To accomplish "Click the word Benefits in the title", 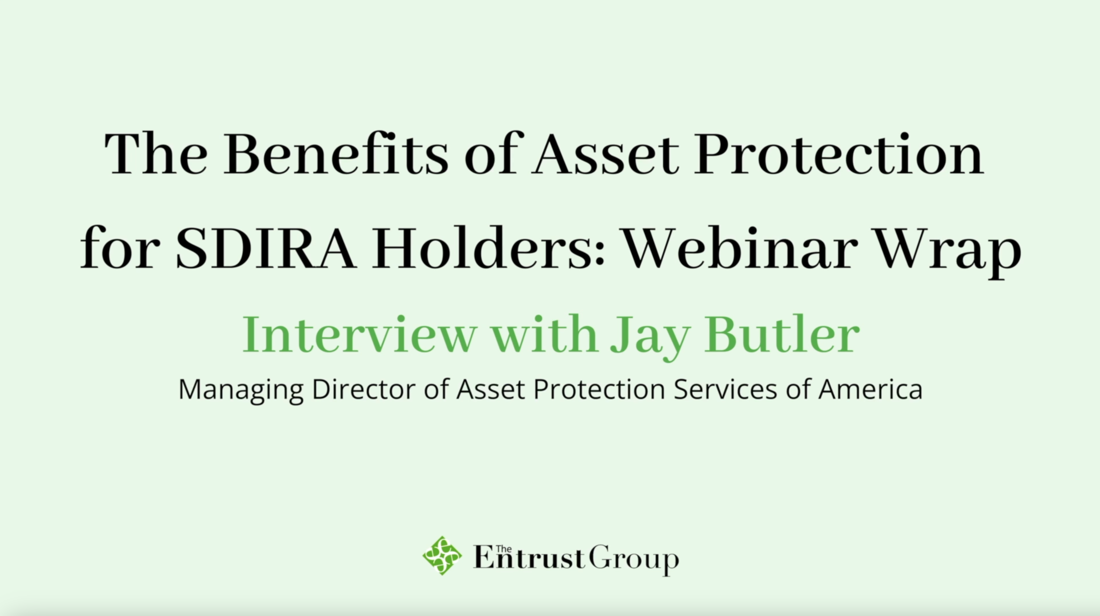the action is click(336, 153).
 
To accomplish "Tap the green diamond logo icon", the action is click(442, 556).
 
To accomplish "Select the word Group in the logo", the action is click(634, 560).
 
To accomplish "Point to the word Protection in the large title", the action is click(839, 153).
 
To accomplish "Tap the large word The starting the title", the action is click(156, 153).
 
